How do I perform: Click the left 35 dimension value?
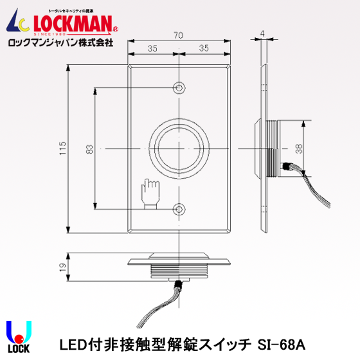pos(153,48)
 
